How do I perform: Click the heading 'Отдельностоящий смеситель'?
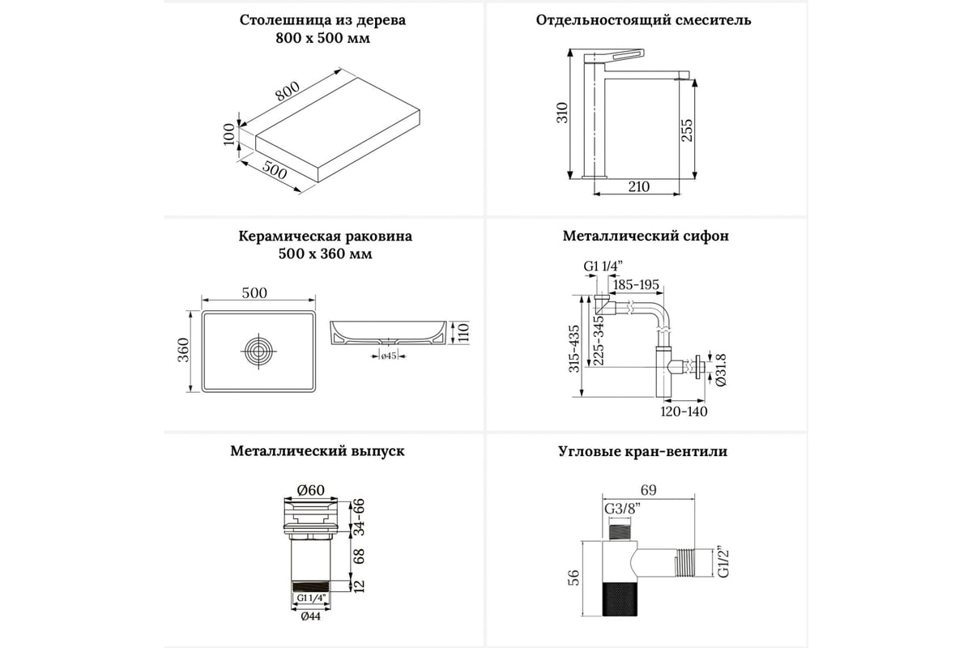click(643, 20)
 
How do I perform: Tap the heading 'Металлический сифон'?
click(646, 237)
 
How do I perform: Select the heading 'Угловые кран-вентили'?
click(642, 452)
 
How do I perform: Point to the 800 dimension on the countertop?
click(288, 92)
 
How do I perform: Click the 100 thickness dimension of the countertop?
click(229, 134)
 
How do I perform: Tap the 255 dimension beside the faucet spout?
click(688, 130)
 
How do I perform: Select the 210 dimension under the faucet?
click(637, 187)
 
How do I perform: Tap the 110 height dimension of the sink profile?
click(464, 331)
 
